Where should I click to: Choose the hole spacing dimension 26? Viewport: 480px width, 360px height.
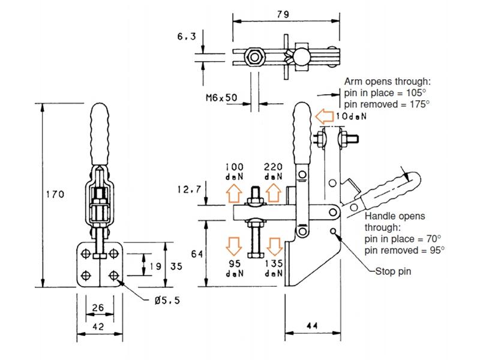click(x=98, y=308)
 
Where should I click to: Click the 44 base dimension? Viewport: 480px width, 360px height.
click(x=313, y=326)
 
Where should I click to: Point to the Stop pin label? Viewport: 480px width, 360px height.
click(x=393, y=271)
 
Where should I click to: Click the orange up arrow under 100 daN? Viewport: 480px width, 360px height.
click(x=233, y=193)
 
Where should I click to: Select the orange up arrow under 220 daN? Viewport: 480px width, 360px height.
click(x=273, y=193)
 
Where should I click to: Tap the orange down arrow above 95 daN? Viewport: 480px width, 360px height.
click(x=233, y=245)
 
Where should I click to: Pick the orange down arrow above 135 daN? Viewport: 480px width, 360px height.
click(x=273, y=245)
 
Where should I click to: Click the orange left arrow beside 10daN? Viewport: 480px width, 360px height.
click(x=324, y=115)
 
